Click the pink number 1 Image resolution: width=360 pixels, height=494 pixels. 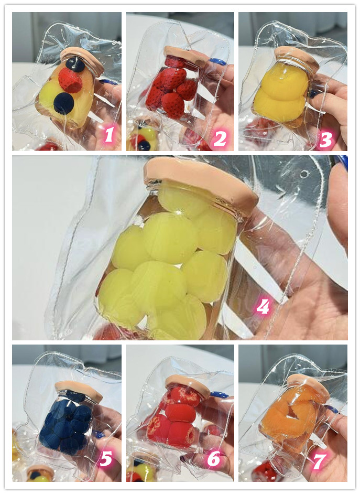(x=109, y=135)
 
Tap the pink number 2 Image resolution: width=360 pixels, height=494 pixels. (x=220, y=138)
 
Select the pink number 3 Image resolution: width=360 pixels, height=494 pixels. (x=326, y=139)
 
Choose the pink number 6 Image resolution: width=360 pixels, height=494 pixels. (x=214, y=459)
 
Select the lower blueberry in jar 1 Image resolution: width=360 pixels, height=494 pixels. (x=64, y=103)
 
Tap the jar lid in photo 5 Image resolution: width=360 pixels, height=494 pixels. (x=79, y=390)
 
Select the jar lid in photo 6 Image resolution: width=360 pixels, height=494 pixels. (x=188, y=385)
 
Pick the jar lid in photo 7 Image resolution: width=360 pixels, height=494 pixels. (x=309, y=386)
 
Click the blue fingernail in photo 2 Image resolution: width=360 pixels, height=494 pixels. (x=217, y=62)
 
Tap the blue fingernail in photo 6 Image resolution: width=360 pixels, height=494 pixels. (x=220, y=395)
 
